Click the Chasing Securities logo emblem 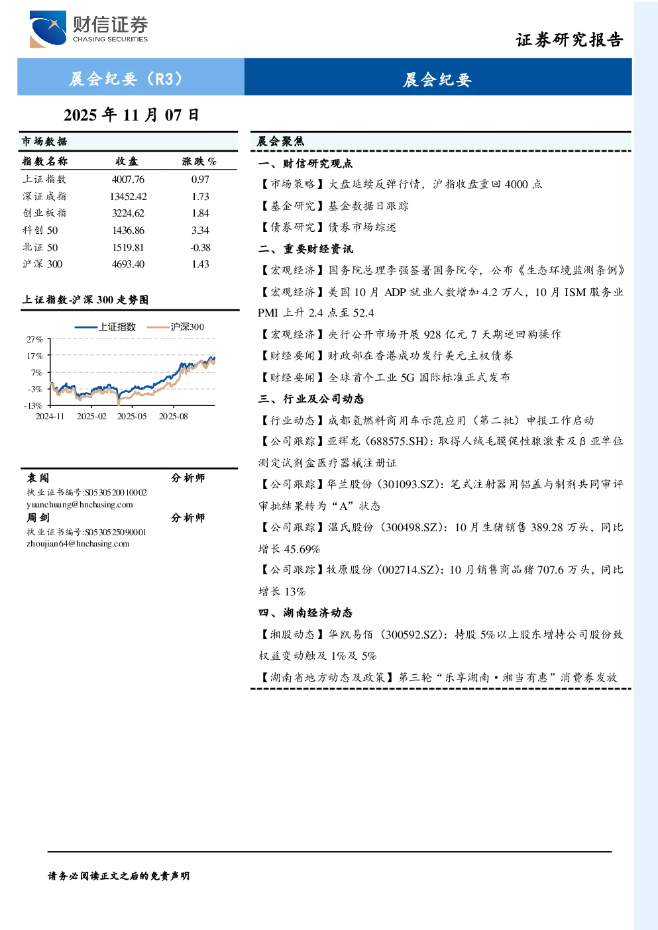click(x=48, y=28)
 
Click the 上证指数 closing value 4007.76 click(x=128, y=180)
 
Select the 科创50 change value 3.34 click(x=200, y=230)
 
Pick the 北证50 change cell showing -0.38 click(x=200, y=248)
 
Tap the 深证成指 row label click(x=44, y=196)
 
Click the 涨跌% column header click(x=199, y=161)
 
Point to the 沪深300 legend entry click(x=176, y=327)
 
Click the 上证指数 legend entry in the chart click(x=105, y=327)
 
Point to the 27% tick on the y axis click(x=35, y=340)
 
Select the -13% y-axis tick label click(x=33, y=405)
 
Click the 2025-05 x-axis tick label click(x=132, y=417)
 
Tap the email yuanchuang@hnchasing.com click(x=80, y=505)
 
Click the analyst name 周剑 click(x=38, y=518)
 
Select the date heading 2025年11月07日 click(x=131, y=115)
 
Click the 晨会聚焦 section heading click(x=281, y=141)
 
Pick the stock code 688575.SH click(x=398, y=441)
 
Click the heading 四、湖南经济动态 click(x=305, y=613)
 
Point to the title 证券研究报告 click(x=569, y=40)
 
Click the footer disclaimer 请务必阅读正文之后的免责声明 click(x=119, y=876)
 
